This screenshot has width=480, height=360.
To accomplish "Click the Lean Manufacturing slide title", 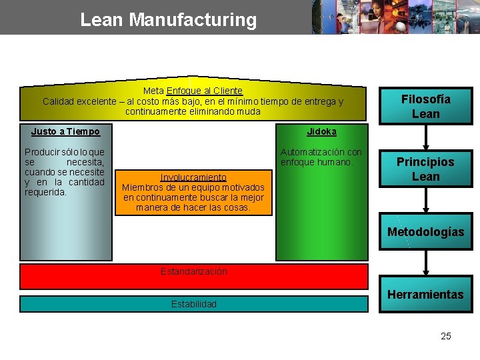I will click(168, 19).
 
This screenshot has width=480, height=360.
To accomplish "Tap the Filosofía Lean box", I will click(425, 106).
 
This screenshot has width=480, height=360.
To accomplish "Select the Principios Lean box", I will click(425, 169).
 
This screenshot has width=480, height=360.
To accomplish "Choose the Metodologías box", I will click(425, 231).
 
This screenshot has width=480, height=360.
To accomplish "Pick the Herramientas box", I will click(425, 294).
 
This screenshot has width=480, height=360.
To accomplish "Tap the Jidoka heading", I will click(321, 131).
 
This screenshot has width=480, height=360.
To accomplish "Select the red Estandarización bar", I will click(193, 276).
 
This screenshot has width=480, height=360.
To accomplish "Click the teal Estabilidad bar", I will click(193, 304).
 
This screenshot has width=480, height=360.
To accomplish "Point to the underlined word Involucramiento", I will click(193, 177).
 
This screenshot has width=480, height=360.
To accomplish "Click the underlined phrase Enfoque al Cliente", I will click(205, 91).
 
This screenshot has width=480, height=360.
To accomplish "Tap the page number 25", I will click(445, 336).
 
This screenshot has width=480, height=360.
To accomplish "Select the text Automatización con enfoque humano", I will click(321, 157).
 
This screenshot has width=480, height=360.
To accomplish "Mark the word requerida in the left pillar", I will click(45, 193).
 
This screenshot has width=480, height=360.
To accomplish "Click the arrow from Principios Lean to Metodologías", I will click(425, 200).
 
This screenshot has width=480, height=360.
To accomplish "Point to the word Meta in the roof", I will click(153, 91).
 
